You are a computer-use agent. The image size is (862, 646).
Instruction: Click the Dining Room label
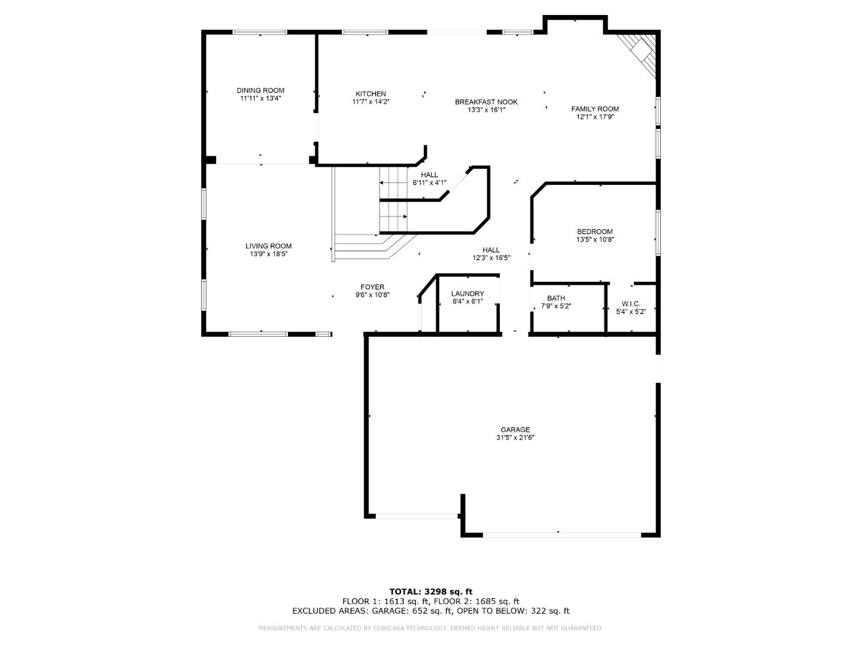(x=260, y=90)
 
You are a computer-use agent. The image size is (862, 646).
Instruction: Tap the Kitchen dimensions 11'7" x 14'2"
(x=371, y=102)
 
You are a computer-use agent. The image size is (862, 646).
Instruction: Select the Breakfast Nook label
(x=486, y=102)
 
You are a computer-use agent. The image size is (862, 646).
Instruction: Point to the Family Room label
(x=594, y=109)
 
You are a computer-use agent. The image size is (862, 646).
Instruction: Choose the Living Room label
(x=268, y=246)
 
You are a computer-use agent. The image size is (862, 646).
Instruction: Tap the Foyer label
(x=372, y=287)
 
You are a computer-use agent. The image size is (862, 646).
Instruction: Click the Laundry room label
(x=468, y=294)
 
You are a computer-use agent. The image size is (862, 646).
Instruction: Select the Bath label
(x=556, y=298)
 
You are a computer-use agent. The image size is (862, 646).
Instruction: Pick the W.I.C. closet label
(x=631, y=303)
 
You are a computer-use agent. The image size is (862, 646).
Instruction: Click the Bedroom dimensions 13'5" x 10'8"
(x=595, y=239)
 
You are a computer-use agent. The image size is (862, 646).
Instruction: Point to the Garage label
(x=515, y=429)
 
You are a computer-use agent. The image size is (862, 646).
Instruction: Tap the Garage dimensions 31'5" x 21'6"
(x=515, y=437)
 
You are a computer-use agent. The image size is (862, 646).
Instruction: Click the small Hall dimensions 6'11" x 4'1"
(x=429, y=182)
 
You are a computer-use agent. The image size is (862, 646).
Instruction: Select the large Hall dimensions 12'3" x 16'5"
(x=491, y=258)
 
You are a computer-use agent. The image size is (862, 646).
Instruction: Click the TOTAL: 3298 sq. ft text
(x=430, y=592)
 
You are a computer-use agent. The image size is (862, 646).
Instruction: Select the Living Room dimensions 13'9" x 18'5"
(x=268, y=254)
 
